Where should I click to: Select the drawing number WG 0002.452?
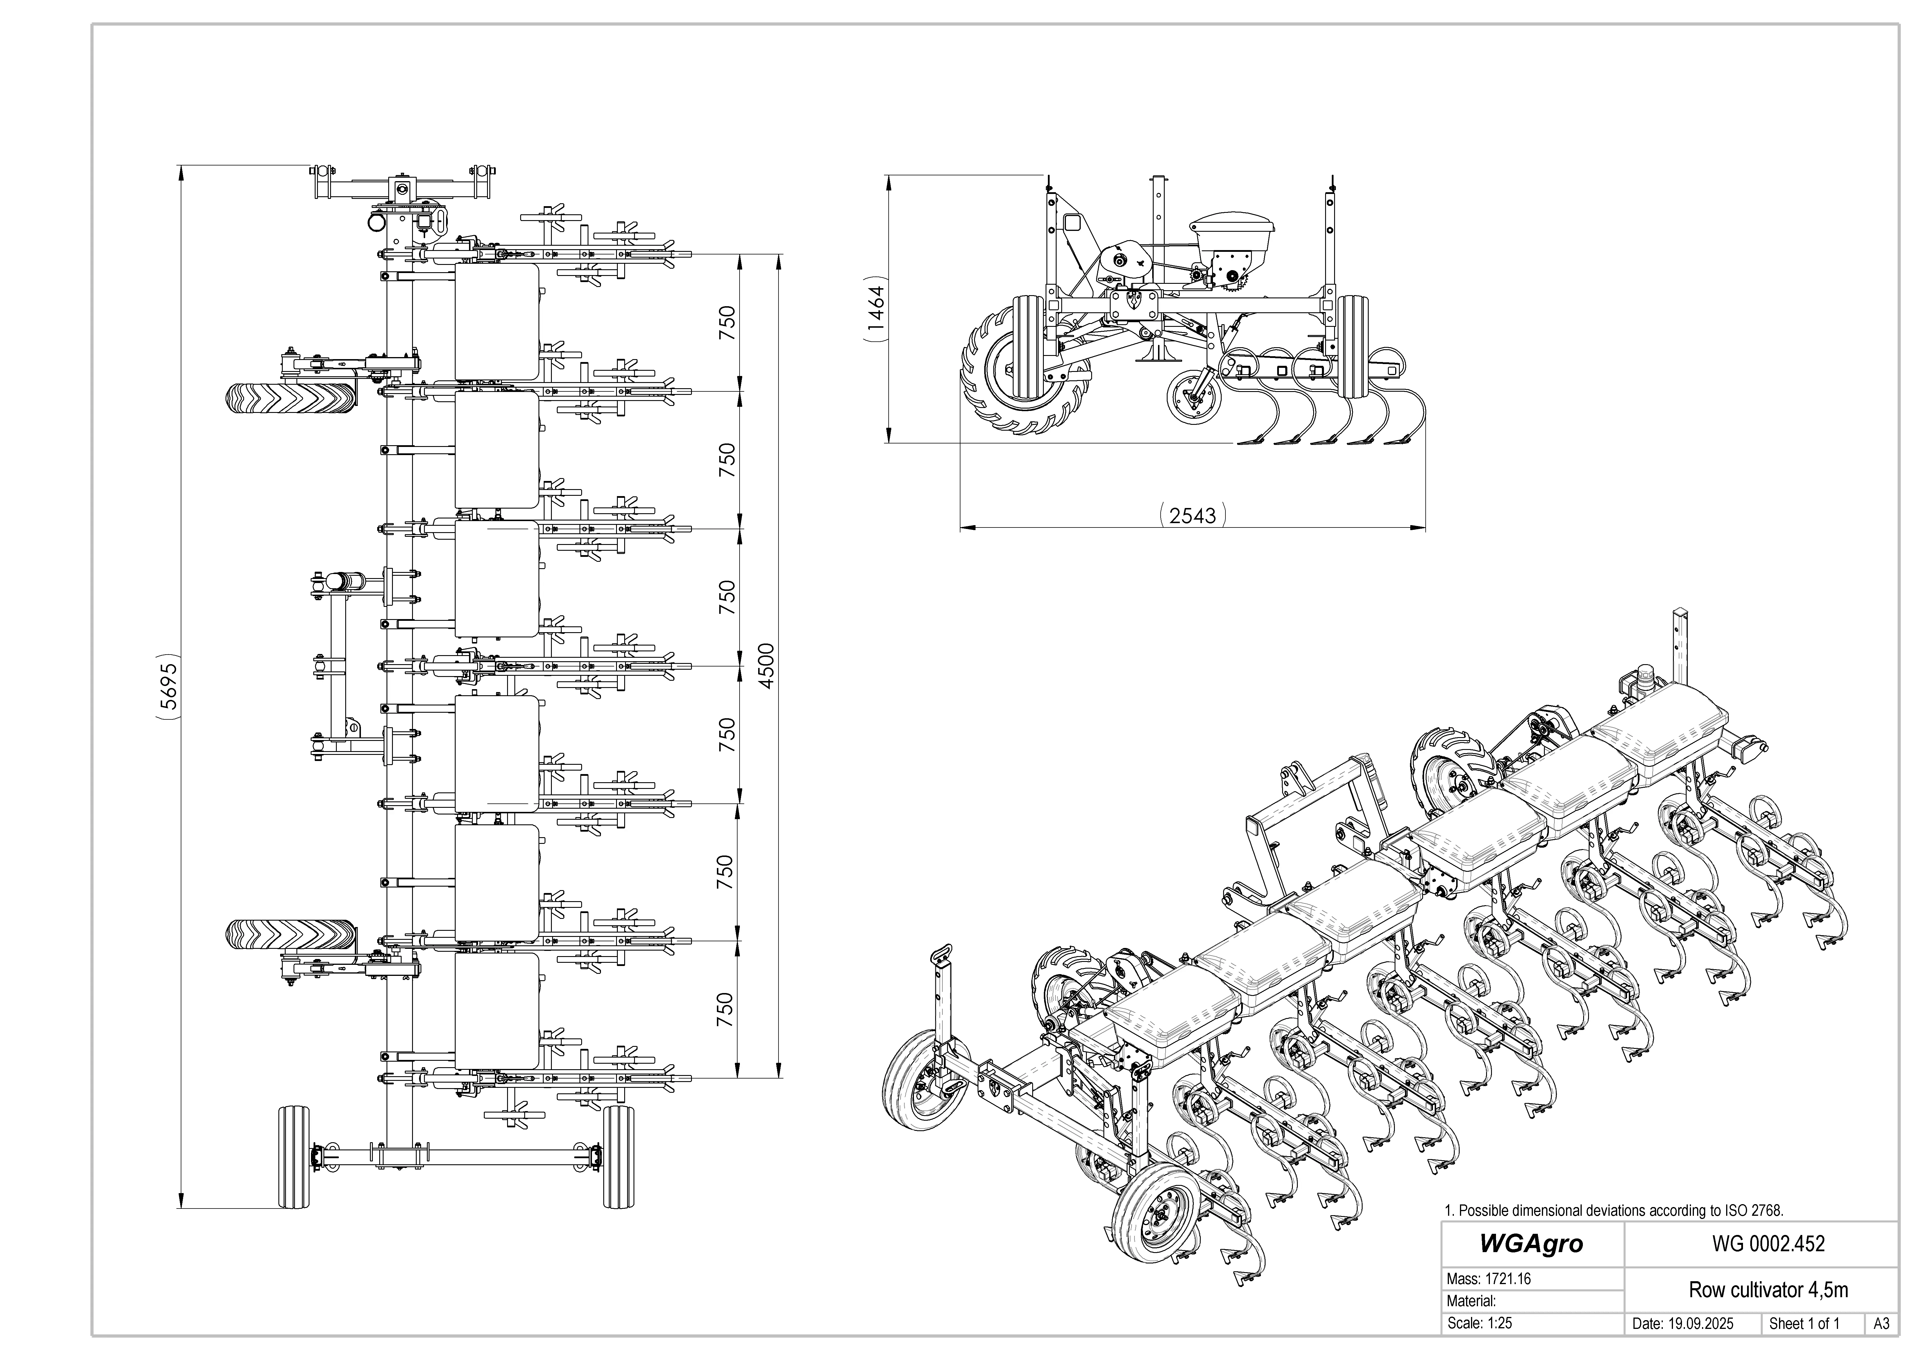tap(1768, 1244)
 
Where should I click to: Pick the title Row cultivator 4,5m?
tap(1768, 1290)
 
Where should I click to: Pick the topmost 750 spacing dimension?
tap(726, 322)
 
